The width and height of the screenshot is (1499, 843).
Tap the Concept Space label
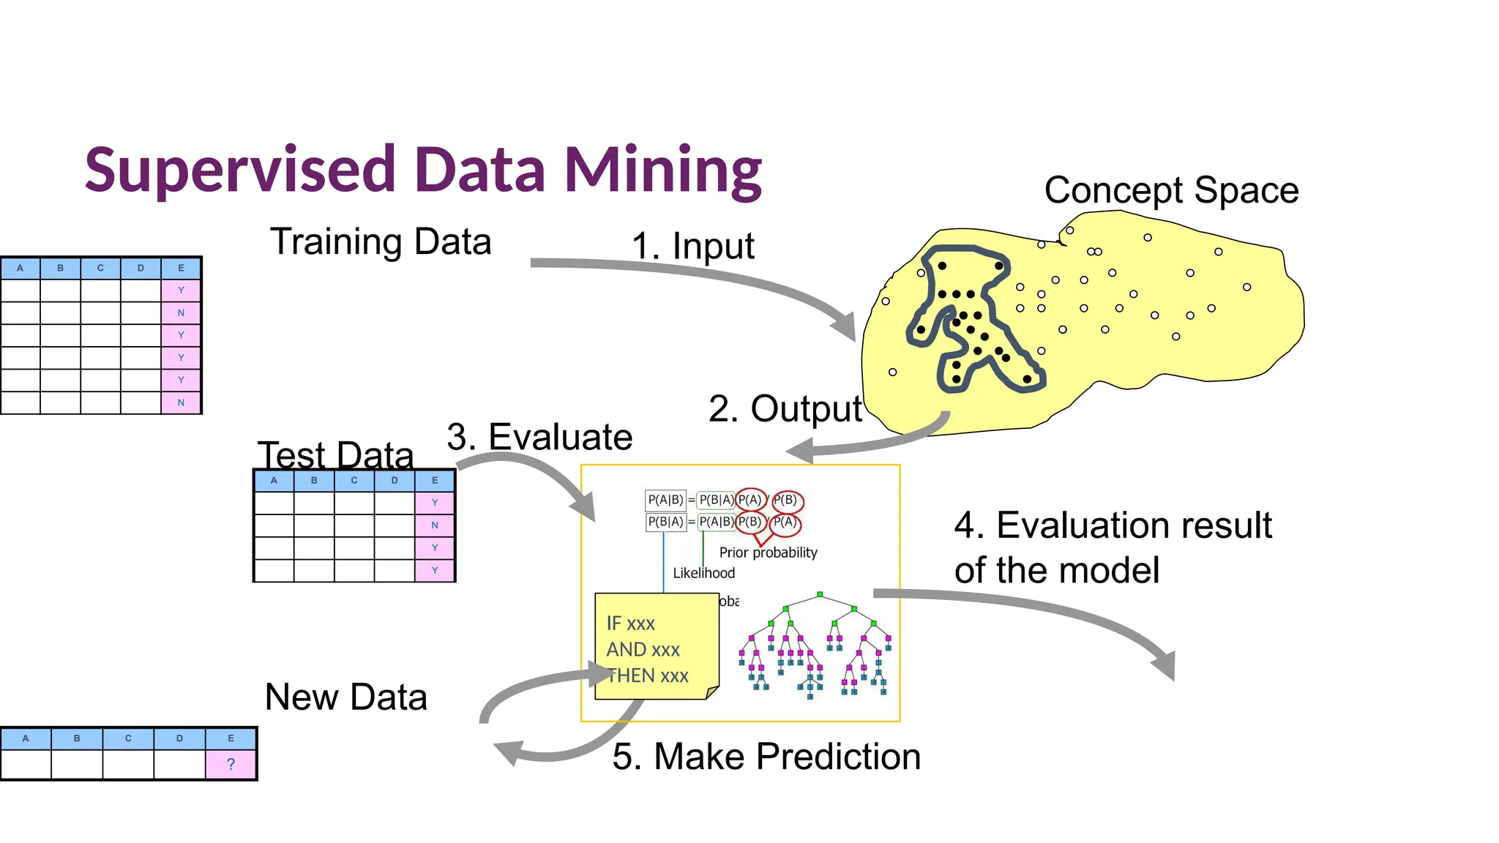pyautogui.click(x=1171, y=190)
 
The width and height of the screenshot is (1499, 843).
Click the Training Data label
pyautogui.click(x=381, y=241)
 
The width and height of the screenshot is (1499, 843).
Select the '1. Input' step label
pyautogui.click(x=692, y=246)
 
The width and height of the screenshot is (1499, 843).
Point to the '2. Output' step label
pyautogui.click(x=785, y=408)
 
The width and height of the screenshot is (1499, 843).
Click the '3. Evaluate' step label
pyautogui.click(x=539, y=437)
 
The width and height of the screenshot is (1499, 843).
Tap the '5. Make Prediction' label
pyautogui.click(x=766, y=756)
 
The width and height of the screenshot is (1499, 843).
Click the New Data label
pyautogui.click(x=345, y=697)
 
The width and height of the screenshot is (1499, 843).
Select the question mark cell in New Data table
pyautogui.click(x=231, y=765)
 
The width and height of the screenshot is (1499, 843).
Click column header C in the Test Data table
pyautogui.click(x=354, y=481)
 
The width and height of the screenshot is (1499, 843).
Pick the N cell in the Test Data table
pyautogui.click(x=435, y=525)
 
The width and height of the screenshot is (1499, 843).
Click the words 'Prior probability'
pyautogui.click(x=768, y=552)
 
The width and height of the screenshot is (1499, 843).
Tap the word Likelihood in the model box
pyautogui.click(x=703, y=573)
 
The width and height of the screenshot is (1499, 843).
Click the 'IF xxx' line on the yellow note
pyautogui.click(x=630, y=623)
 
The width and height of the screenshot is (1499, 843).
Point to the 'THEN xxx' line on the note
pyautogui.click(x=648, y=675)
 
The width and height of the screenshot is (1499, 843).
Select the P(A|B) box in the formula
pyautogui.click(x=665, y=500)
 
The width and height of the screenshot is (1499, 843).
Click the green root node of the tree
pyautogui.click(x=820, y=594)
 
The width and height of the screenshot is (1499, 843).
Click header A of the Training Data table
pyautogui.click(x=20, y=269)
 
